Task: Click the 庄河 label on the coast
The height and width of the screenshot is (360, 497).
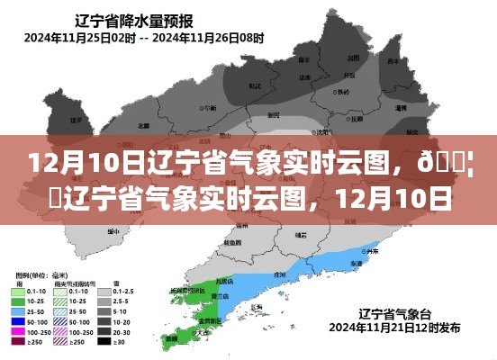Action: tap(280, 274)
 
